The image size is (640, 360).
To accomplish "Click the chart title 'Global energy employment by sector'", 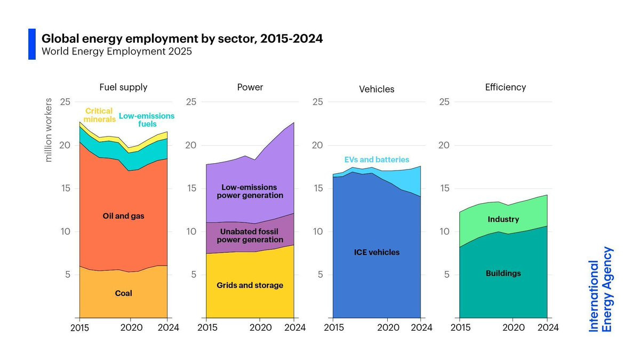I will click(x=182, y=39).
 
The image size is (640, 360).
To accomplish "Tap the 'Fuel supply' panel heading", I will click(x=123, y=87).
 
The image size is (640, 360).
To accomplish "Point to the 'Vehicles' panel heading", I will click(x=377, y=89).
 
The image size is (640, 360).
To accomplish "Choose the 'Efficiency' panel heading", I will click(x=505, y=87).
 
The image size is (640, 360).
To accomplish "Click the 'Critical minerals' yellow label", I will click(x=99, y=115).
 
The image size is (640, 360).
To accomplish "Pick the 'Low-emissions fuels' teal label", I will click(x=147, y=120).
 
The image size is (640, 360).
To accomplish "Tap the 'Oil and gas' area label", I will click(x=123, y=216).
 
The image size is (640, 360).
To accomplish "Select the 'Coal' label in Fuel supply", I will click(x=123, y=293).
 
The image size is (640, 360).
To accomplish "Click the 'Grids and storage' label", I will click(x=250, y=285).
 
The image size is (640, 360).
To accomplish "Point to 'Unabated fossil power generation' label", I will click(x=250, y=236).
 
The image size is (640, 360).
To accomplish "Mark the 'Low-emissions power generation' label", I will click(x=250, y=191).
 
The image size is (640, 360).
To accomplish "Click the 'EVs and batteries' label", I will click(x=377, y=159).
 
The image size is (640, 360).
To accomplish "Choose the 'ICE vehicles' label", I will click(x=377, y=252).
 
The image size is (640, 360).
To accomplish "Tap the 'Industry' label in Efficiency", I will click(x=503, y=219).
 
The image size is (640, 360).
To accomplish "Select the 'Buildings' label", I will click(x=503, y=273).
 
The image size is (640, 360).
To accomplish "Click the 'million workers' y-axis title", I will click(x=49, y=130).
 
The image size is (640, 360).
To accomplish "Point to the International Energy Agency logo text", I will click(x=601, y=289).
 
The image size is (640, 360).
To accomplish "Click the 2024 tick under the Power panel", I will click(x=294, y=327).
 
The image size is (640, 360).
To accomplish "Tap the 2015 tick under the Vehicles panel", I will click(x=333, y=327).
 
